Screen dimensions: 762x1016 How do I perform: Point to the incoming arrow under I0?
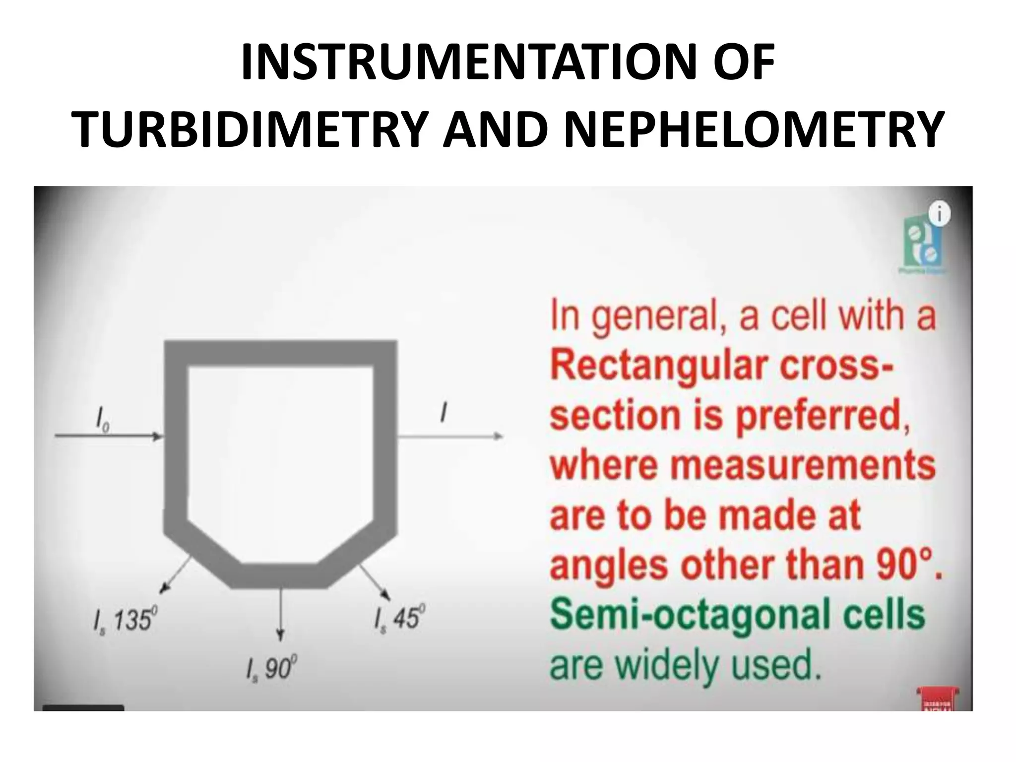pyautogui.click(x=109, y=437)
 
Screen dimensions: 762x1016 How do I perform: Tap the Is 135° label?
pyautogui.click(x=124, y=620)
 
